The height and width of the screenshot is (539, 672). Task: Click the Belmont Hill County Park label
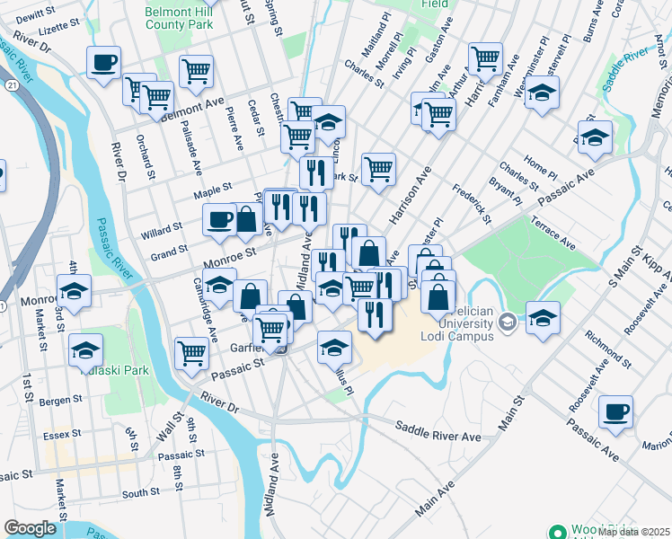180,19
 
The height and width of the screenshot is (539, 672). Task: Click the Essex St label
62,434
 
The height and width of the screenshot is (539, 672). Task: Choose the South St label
141,493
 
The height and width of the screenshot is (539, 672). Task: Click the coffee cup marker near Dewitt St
103,63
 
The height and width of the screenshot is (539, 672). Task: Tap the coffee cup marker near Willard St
219,219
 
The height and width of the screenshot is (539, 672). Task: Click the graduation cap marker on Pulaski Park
86,349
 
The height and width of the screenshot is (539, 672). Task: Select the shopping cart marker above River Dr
192,353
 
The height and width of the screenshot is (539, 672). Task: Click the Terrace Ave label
553,232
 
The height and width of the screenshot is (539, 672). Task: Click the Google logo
30,528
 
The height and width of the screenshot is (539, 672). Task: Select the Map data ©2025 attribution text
634,532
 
